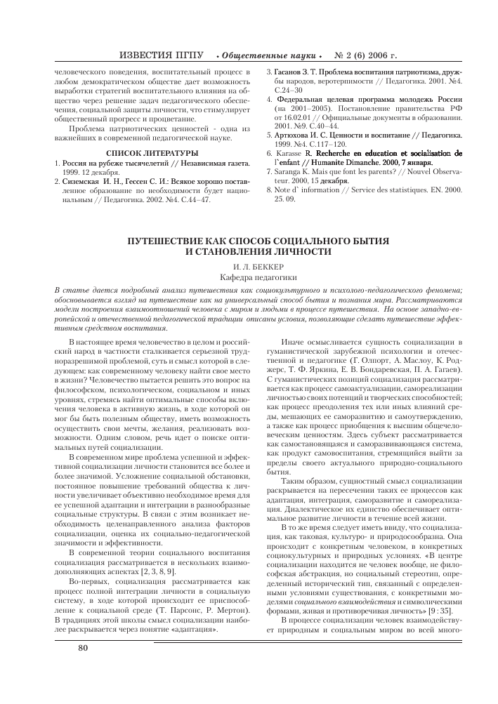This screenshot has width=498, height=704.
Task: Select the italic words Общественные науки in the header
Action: coord(270,55)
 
